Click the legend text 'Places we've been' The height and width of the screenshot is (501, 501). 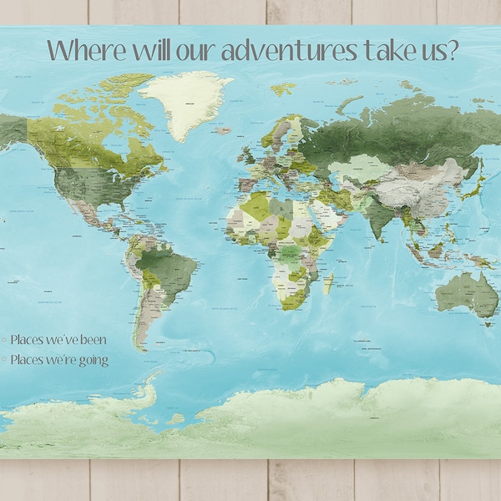[x=58, y=340]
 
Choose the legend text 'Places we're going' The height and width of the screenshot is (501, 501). [x=59, y=360]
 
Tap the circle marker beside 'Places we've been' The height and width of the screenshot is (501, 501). [x=4, y=340]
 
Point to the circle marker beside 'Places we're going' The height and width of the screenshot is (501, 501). [x=4, y=360]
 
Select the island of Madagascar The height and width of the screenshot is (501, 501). [x=328, y=283]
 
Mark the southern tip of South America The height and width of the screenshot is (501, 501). [x=144, y=347]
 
